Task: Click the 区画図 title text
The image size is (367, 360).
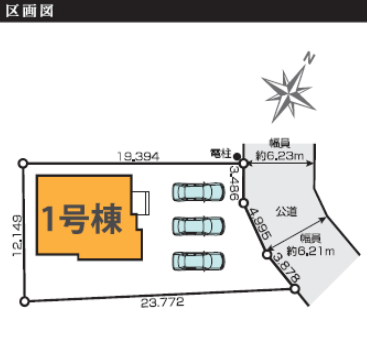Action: tap(30, 11)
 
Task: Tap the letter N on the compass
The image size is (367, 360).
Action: tap(309, 58)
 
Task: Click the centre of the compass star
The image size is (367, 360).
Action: tap(289, 94)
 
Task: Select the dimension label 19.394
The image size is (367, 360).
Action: tap(138, 156)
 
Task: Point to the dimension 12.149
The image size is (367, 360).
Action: tap(18, 236)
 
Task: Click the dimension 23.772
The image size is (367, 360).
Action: tap(162, 302)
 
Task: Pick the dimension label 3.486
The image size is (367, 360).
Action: tap(234, 183)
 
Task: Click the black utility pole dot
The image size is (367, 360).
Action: tap(237, 156)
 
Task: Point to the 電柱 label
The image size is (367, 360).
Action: tap(221, 154)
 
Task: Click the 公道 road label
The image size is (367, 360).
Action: tap(286, 211)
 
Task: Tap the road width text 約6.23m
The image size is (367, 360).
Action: tap(280, 155)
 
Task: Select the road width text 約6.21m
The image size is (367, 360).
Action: tap(311, 251)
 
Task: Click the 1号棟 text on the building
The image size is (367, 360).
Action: tap(82, 219)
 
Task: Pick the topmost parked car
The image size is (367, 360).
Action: tap(198, 192)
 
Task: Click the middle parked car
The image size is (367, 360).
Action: tap(198, 226)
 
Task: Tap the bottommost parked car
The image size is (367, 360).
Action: tap(198, 261)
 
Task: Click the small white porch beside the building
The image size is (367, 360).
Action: tap(141, 203)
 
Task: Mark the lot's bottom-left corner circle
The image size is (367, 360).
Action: tap(25, 301)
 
